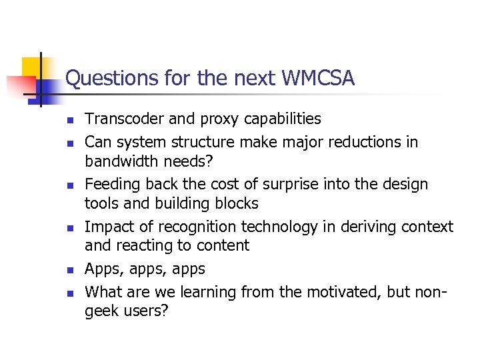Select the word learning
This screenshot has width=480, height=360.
pyautogui.click(x=203, y=293)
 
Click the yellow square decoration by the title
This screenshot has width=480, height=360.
pyautogui.click(x=32, y=67)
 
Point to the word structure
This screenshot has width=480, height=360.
pyautogui.click(x=197, y=142)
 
